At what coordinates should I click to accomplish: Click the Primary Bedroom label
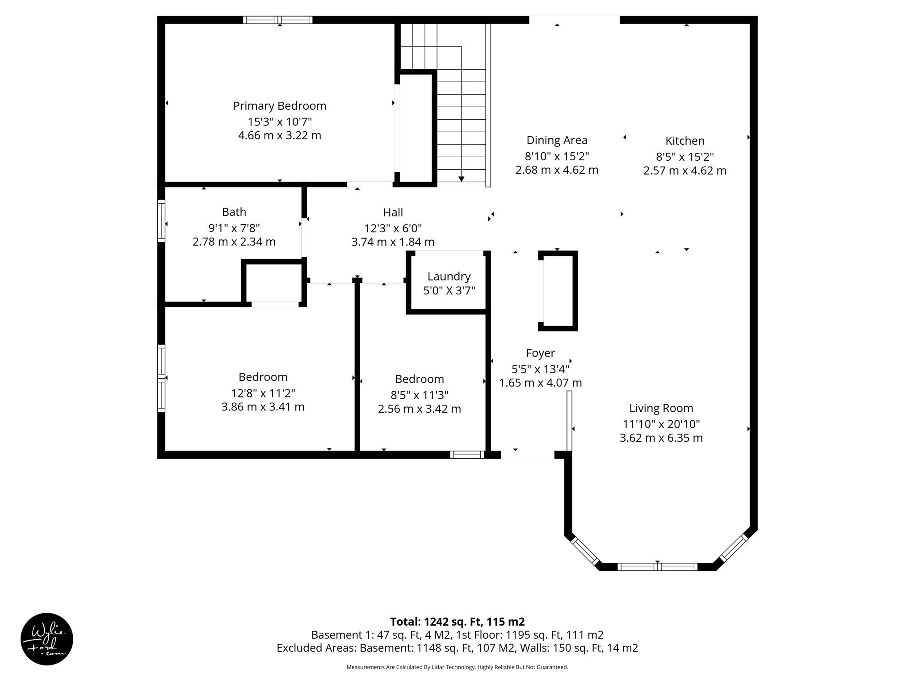click(280, 106)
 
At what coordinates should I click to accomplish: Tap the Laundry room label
click(449, 276)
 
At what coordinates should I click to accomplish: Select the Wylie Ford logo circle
click(47, 639)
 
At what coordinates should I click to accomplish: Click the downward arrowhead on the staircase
click(461, 179)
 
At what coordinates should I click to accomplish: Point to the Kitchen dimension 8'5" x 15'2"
click(684, 157)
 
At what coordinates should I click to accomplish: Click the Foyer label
click(540, 353)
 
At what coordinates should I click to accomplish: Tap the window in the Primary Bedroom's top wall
click(277, 20)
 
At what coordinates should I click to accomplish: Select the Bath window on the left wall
click(161, 221)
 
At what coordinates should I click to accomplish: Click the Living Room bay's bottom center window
click(657, 567)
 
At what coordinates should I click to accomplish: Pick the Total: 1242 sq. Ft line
click(457, 622)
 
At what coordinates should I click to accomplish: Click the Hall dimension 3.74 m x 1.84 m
click(393, 242)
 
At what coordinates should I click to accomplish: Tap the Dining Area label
click(557, 140)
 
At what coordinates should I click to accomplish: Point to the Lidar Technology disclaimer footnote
click(457, 667)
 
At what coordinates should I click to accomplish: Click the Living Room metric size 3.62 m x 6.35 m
click(661, 438)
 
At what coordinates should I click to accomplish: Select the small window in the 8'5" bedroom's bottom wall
click(467, 455)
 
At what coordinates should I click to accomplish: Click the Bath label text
click(234, 212)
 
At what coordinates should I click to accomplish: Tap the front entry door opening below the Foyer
click(527, 455)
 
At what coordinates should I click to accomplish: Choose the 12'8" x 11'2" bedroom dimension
click(263, 393)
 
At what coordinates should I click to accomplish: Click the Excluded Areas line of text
click(457, 648)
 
